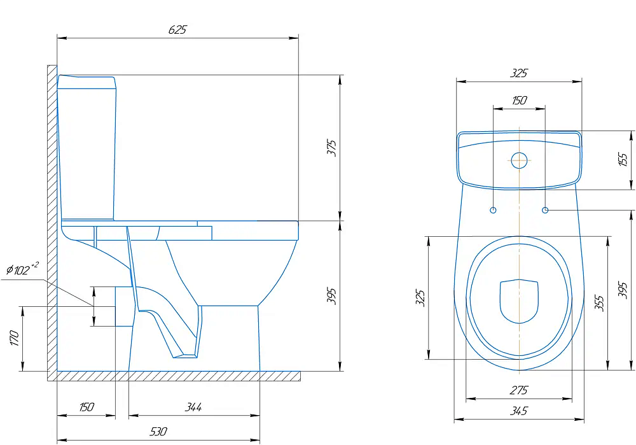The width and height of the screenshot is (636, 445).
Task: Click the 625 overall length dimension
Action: click(177, 30)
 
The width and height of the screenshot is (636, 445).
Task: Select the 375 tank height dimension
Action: click(332, 148)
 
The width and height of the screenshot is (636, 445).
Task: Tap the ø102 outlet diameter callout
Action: click(22, 269)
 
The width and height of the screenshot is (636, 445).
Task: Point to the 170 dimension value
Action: click(14, 338)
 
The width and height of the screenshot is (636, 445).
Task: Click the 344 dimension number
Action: click(193, 407)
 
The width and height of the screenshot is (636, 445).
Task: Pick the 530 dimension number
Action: click(158, 431)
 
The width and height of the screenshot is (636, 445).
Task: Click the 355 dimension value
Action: click(598, 303)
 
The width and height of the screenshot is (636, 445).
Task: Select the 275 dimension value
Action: click(519, 390)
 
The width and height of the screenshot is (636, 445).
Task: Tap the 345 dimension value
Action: click(519, 411)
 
